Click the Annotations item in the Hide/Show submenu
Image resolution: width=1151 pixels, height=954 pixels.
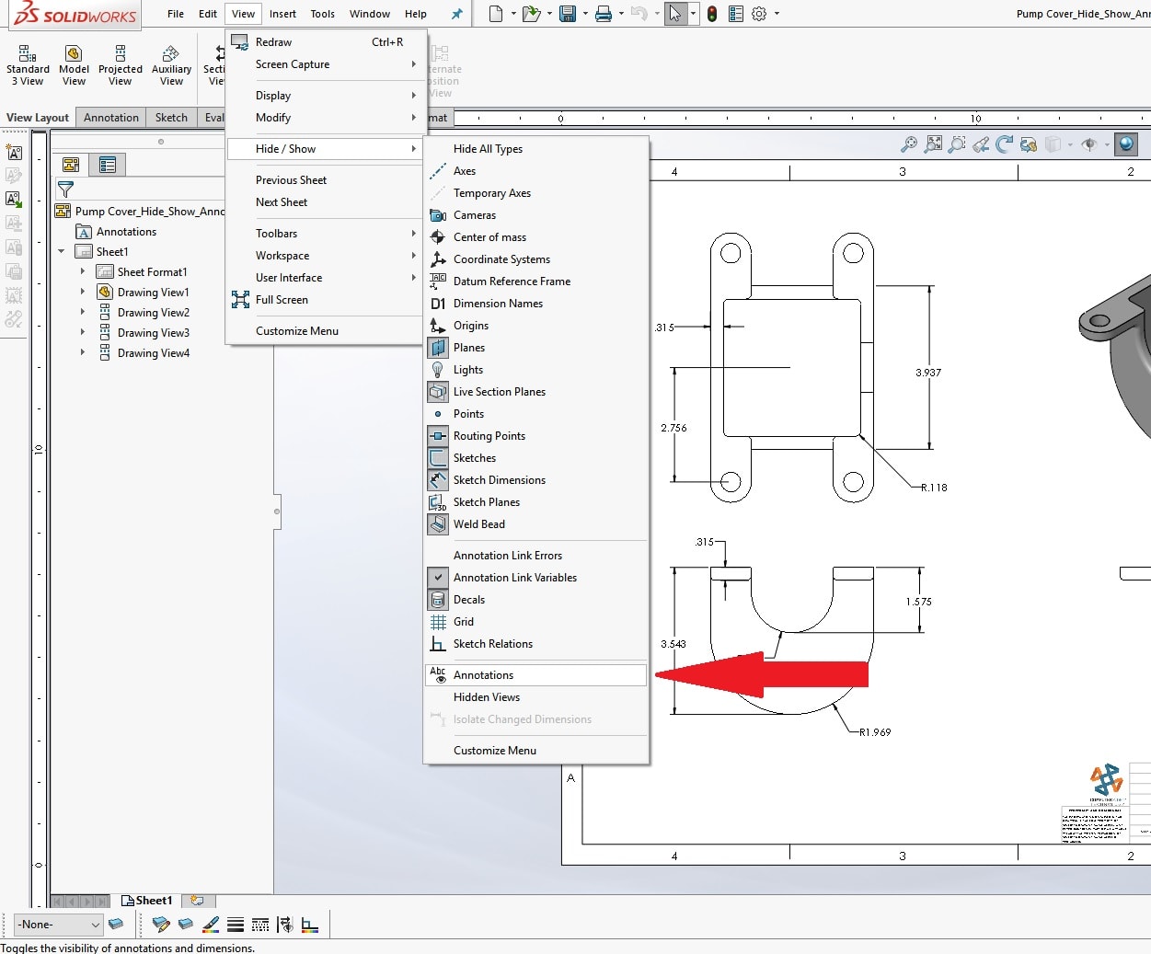483,675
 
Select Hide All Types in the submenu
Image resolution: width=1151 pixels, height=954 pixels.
488,149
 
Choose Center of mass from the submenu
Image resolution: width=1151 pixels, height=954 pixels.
489,237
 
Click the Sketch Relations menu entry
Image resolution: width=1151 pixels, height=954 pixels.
492,644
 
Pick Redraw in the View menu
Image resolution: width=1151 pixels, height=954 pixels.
273,42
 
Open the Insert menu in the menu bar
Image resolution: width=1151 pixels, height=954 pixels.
282,14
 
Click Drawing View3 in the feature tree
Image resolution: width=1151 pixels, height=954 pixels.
153,333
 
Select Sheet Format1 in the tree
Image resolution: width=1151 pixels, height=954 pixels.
152,272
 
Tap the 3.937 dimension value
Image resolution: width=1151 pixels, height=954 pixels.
927,373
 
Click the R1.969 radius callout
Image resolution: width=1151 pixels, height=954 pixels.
874,732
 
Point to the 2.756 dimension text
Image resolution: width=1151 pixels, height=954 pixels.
673,428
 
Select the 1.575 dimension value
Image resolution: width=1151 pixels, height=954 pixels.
918,602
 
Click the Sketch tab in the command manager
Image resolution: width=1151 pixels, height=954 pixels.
171,118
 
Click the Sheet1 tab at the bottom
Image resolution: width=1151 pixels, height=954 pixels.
153,901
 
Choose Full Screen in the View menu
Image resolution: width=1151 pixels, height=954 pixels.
282,300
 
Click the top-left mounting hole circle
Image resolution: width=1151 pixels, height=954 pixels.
731,253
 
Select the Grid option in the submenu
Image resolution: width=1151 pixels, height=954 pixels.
463,622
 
